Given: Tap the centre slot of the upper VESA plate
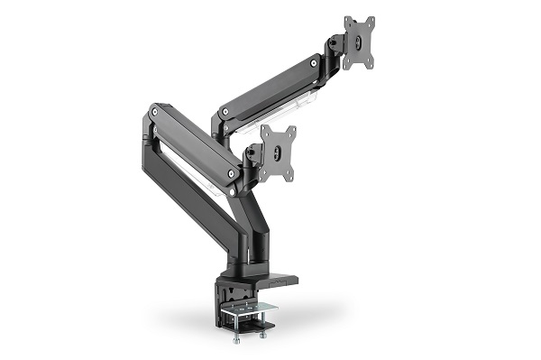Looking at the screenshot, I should [359, 42].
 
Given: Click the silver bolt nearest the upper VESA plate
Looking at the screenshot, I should [313, 62].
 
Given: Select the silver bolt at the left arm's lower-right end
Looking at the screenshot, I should [233, 171].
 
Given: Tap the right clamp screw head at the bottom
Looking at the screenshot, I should [261, 336].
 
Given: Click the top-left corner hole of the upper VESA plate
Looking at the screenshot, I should [348, 23].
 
